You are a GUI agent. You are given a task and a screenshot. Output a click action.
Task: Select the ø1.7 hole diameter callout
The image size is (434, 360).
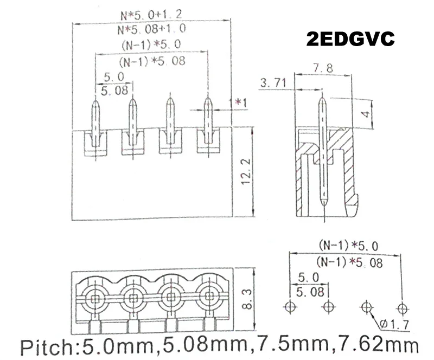[397, 324]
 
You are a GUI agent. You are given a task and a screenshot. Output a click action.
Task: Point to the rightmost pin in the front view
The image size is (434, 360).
[207, 122]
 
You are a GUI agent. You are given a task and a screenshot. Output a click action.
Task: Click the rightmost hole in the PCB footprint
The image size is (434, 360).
[401, 307]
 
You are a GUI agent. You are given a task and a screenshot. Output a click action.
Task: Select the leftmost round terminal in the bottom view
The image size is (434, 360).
[95, 298]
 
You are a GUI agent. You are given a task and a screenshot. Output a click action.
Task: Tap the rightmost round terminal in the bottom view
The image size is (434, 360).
[208, 298]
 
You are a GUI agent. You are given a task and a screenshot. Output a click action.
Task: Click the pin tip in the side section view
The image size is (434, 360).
[323, 98]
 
